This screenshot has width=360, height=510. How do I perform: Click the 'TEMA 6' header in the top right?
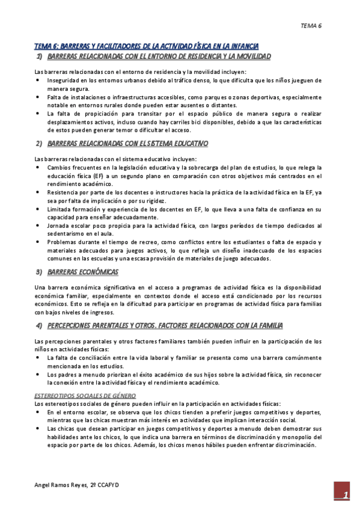311,26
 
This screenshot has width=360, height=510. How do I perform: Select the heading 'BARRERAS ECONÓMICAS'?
82,272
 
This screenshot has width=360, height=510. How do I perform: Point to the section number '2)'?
39,143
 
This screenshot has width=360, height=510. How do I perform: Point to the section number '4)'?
39,326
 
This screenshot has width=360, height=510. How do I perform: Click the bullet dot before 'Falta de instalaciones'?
38,96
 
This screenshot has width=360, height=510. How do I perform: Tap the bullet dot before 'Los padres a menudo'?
38,374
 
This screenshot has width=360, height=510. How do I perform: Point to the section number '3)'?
39,272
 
